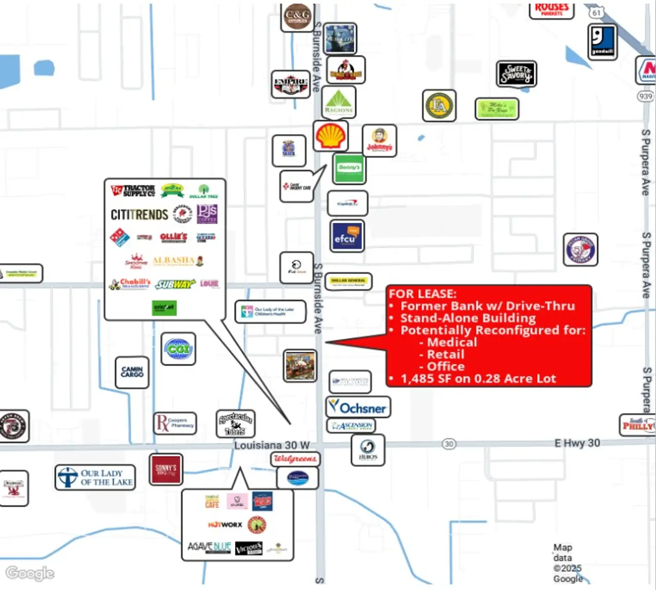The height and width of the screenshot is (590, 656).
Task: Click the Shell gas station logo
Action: pyautogui.click(x=330, y=136)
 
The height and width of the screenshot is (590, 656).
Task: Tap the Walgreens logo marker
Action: pyautogui.click(x=295, y=459)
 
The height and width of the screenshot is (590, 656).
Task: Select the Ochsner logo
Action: pyautogui.click(x=358, y=407)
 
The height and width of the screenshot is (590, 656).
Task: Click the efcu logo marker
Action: pyautogui.click(x=347, y=236)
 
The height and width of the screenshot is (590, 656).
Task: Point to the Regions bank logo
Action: pyautogui.click(x=339, y=102)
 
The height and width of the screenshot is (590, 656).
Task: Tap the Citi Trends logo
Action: pyautogui.click(x=139, y=214)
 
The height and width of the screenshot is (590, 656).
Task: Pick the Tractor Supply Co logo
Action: pyautogui.click(x=133, y=191)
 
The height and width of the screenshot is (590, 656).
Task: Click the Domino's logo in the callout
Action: pyautogui.click(x=120, y=237)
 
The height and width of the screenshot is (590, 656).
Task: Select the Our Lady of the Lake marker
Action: pyautogui.click(x=95, y=477)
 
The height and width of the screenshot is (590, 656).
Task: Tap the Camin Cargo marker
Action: pyautogui.click(x=132, y=372)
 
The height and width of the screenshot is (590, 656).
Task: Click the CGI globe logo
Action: pyautogui.click(x=178, y=349)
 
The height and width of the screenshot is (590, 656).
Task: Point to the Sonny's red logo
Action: pyautogui.click(x=166, y=470)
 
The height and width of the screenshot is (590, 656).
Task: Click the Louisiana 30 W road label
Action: pyautogui.click(x=271, y=445)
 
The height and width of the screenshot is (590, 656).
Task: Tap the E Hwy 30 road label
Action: pyautogui.click(x=577, y=443)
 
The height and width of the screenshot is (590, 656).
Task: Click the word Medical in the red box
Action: pyautogui.click(x=452, y=342)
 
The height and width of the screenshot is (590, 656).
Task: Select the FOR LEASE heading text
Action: pyautogui.click(x=422, y=294)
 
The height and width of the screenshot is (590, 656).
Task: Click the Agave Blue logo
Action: pyautogui.click(x=209, y=547)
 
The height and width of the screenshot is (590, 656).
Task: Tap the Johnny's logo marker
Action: pyautogui.click(x=380, y=141)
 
